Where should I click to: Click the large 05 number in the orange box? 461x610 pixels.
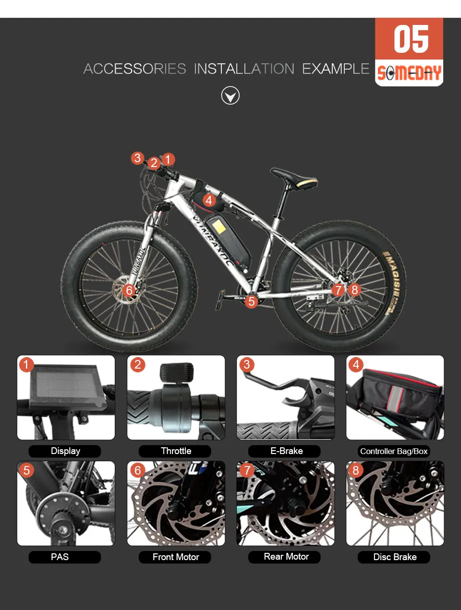(411, 38)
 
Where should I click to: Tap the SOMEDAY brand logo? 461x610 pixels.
(409, 73)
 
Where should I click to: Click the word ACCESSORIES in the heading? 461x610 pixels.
(134, 69)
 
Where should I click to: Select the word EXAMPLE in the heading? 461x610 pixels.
(336, 69)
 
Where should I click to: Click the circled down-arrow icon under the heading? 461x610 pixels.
(230, 96)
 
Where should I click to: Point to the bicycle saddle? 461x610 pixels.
(294, 178)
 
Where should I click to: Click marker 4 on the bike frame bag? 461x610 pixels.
(209, 200)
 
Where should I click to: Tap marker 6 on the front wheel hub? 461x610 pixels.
(129, 290)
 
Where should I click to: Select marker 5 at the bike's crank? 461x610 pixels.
(251, 301)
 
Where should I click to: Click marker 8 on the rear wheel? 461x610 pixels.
(354, 289)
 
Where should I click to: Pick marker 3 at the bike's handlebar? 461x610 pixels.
(137, 158)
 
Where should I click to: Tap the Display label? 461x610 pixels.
(65, 451)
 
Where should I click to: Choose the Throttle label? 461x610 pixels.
(176, 451)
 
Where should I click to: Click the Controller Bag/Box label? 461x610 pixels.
(394, 451)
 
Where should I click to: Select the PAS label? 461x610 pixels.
(60, 557)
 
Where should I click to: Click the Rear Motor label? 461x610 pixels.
(286, 556)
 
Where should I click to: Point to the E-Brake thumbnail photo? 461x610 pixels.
(286, 397)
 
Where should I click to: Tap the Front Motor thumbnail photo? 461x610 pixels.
(176, 503)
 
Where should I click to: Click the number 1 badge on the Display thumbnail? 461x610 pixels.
(26, 364)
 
